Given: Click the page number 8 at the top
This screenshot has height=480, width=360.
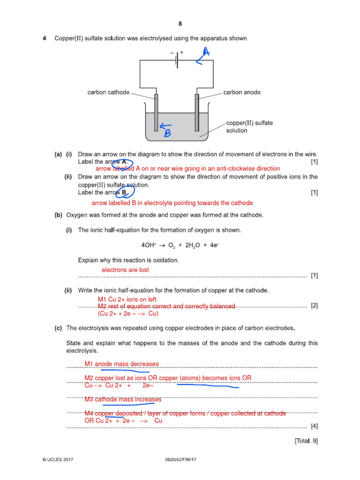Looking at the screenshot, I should (180, 24).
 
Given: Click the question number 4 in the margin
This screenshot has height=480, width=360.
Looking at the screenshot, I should (45, 38).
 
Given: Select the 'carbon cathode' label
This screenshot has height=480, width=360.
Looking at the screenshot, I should (108, 92).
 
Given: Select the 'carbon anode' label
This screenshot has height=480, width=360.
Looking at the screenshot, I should (242, 92).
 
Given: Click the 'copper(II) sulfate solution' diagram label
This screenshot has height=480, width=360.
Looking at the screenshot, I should (249, 127).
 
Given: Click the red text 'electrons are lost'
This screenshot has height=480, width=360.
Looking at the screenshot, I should (125, 270).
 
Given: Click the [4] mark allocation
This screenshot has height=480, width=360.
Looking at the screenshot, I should (314, 426).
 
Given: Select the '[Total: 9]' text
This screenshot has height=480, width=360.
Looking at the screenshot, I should (306, 441).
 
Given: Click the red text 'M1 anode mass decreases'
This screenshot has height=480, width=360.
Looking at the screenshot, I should (121, 364).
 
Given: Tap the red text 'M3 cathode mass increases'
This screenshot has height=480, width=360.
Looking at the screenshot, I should (123, 399).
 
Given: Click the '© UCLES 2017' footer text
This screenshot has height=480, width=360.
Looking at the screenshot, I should (57, 460).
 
